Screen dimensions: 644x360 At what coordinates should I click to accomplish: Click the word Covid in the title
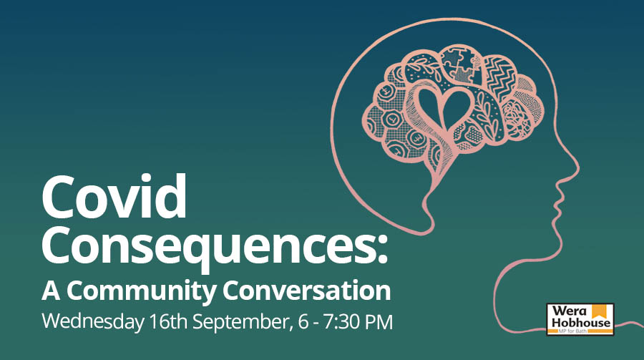click(114, 196)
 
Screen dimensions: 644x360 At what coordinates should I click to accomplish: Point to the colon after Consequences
click(382, 248)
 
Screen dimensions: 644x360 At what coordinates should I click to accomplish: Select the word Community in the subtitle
click(141, 291)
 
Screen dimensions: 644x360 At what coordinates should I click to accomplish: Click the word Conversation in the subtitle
click(307, 290)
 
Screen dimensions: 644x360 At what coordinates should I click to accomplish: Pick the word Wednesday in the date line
click(93, 322)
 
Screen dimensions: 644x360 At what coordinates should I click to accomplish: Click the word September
click(241, 322)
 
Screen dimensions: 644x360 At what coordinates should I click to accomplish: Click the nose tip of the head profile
click(577, 168)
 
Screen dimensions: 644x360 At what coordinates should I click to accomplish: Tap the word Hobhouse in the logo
click(581, 323)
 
